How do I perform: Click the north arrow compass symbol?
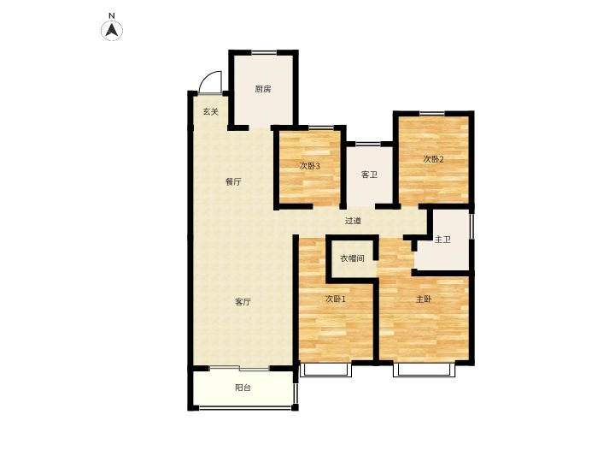112,30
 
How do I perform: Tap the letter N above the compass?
112,15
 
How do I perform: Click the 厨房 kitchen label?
263,89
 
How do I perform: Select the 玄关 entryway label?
211,111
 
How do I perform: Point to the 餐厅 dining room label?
233,182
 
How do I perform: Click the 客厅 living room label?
243,302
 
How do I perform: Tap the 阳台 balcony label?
243,388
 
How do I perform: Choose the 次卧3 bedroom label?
310,166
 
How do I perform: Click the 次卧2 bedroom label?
433,159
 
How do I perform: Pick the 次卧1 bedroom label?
336,299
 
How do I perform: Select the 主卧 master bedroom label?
424,299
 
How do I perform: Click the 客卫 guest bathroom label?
369,175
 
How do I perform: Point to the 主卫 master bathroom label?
442,240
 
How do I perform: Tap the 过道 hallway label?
353,221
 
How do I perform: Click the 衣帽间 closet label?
352,258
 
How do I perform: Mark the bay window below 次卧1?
325,370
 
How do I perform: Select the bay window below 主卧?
425,370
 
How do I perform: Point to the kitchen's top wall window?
264,52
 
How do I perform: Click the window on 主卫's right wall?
472,226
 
